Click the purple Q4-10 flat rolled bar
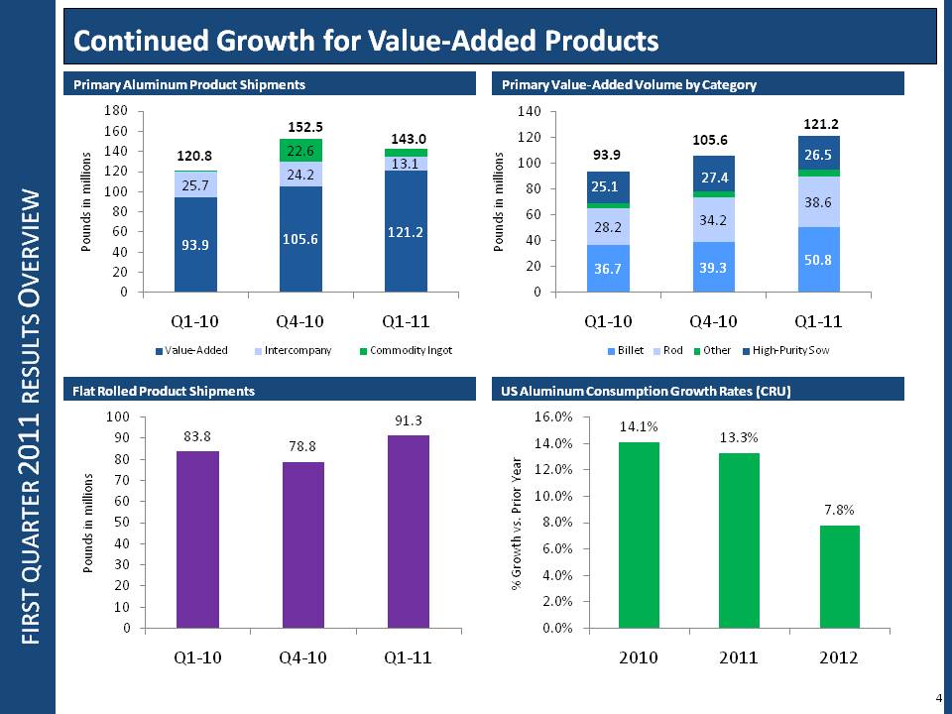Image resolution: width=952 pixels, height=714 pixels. [x=302, y=544]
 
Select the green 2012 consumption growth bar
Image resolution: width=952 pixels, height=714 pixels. [x=840, y=576]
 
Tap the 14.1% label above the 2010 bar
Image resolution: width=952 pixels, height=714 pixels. [x=639, y=426]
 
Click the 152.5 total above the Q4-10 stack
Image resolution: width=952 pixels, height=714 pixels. [x=306, y=127]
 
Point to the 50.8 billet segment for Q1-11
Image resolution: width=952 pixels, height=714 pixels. [x=818, y=259]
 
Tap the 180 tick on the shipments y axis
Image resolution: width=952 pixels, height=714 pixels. [x=115, y=111]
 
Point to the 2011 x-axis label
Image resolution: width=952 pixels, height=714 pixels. [x=739, y=658]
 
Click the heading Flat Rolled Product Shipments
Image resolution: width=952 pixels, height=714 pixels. [x=165, y=392]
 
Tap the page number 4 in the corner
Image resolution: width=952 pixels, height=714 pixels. [x=938, y=698]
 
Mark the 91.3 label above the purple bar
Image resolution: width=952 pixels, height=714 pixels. [x=408, y=421]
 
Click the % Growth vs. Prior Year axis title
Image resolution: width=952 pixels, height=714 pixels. [x=517, y=523]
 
